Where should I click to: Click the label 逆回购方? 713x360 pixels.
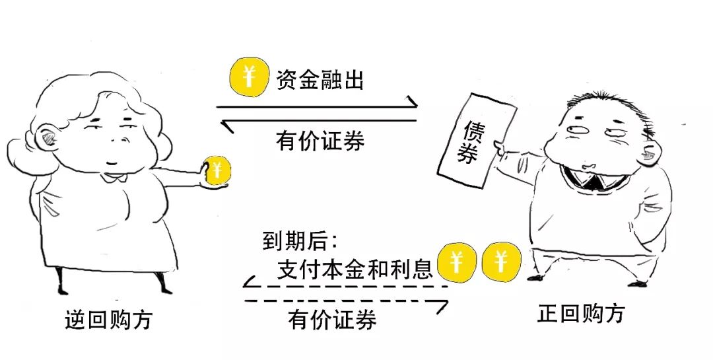point(109,320)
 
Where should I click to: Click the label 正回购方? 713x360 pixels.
point(581,313)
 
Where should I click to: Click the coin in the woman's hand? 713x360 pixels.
point(217,172)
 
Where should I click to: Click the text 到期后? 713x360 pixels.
point(300,242)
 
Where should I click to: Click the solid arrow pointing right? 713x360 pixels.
point(317,106)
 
